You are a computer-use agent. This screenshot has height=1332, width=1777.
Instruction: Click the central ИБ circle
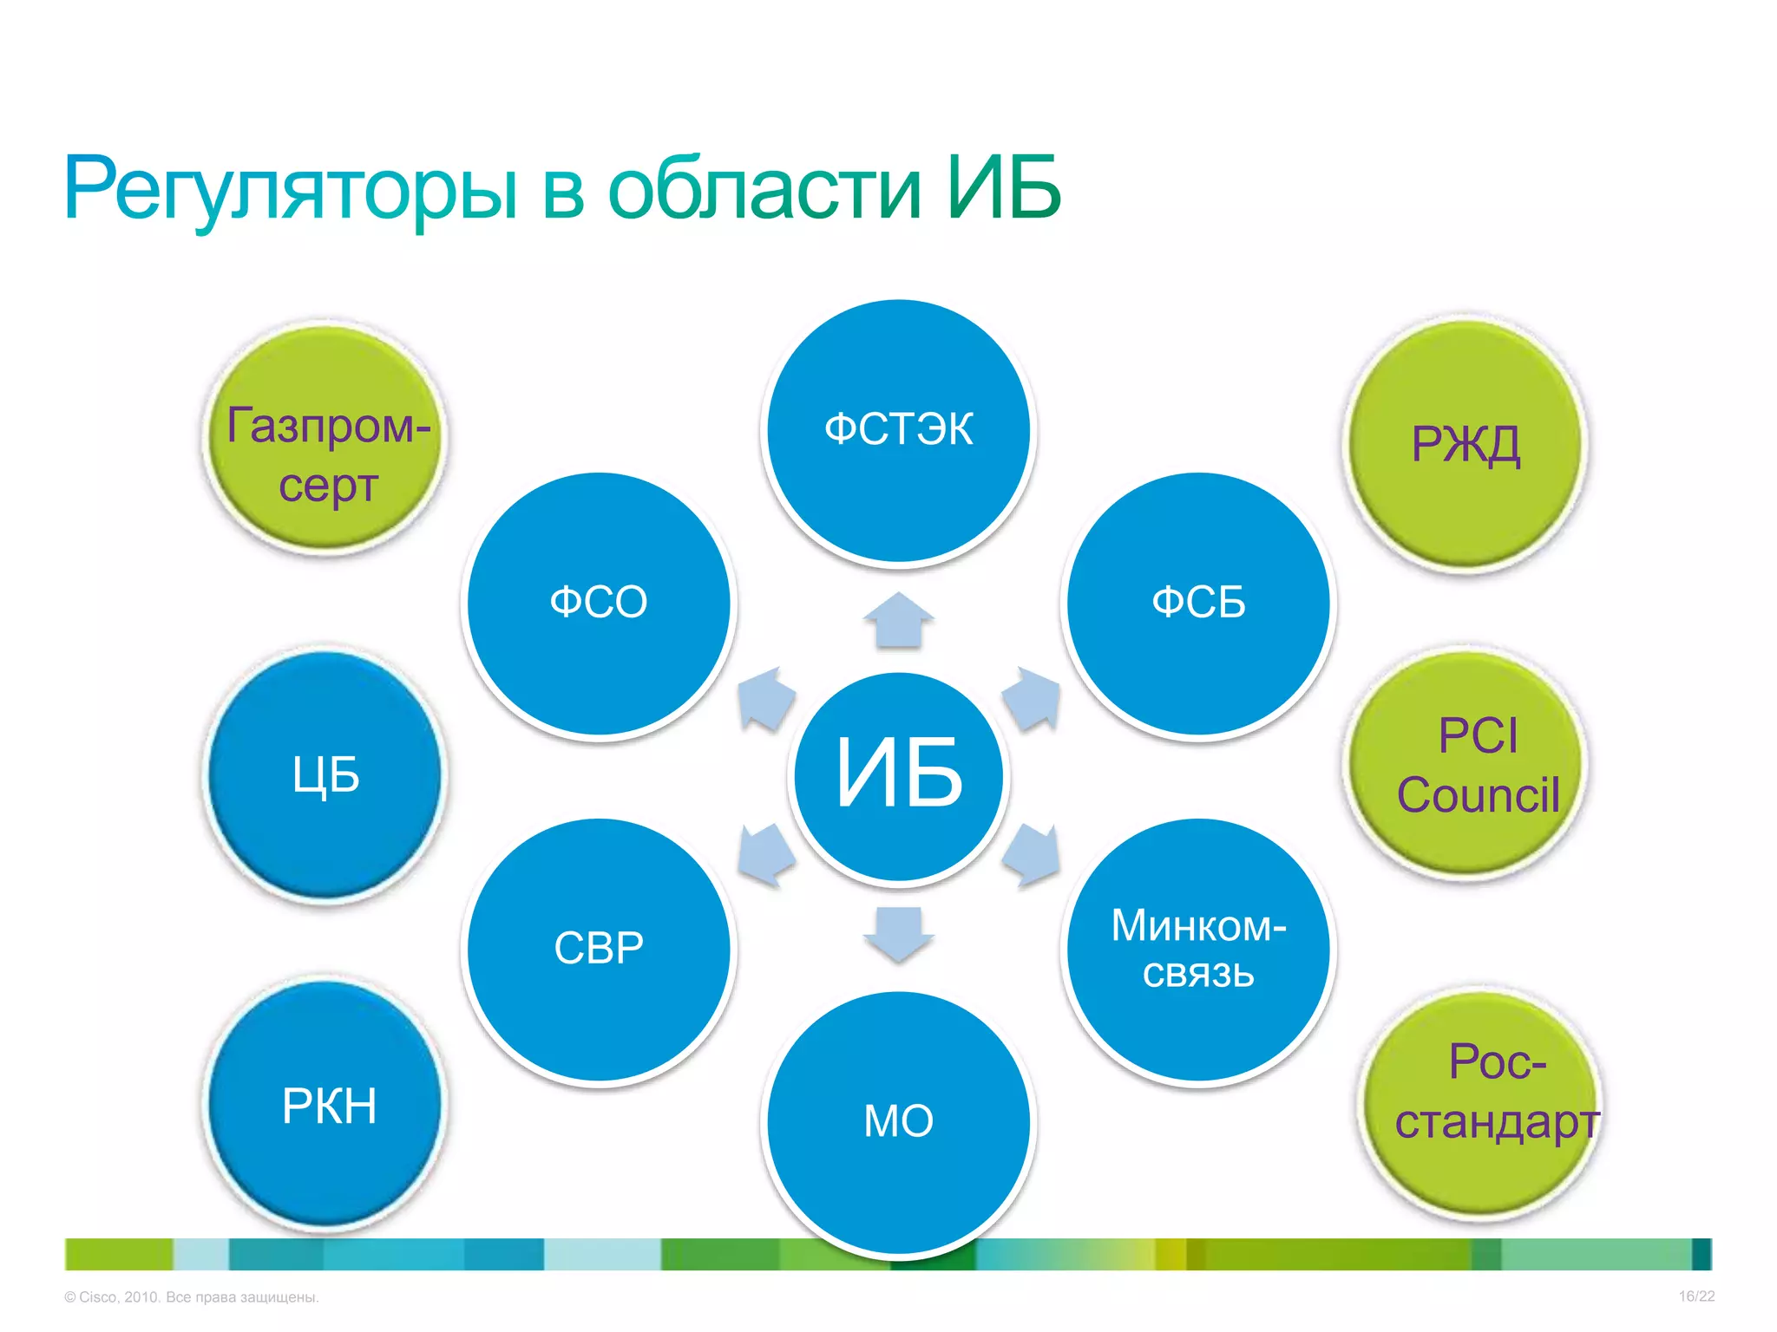[899, 776]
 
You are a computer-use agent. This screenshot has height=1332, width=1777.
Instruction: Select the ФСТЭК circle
[899, 431]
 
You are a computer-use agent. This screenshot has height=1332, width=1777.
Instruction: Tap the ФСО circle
[599, 604]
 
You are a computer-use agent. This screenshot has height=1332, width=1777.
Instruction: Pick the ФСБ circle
[1198, 604]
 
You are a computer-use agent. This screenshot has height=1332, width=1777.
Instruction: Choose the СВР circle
[599, 949]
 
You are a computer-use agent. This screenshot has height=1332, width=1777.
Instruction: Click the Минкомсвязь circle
[1198, 949]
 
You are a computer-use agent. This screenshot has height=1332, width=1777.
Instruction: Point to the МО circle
[899, 1121]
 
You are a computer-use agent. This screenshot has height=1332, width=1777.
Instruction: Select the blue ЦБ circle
[325, 774]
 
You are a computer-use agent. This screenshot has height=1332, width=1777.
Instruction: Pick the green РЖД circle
[1466, 443]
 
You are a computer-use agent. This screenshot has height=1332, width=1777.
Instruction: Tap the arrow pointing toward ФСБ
[1033, 698]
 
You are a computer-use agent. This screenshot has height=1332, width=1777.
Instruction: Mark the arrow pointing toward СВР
[765, 854]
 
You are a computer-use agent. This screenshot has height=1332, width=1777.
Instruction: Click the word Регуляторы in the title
[292, 188]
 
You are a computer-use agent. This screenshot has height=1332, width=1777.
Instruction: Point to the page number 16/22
[1696, 1296]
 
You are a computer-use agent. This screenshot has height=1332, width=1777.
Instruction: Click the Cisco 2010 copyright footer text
[192, 1297]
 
